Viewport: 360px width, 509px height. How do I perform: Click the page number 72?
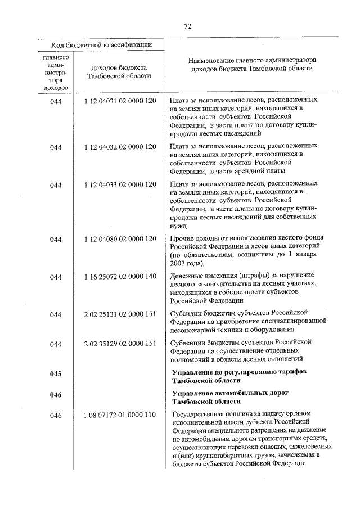click(x=188, y=26)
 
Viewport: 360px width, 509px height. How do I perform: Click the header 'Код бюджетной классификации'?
click(x=100, y=45)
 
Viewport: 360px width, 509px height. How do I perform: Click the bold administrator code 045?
click(x=55, y=373)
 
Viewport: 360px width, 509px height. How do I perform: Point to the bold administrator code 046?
click(x=55, y=394)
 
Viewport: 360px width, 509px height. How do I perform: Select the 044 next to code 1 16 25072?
click(x=55, y=276)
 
